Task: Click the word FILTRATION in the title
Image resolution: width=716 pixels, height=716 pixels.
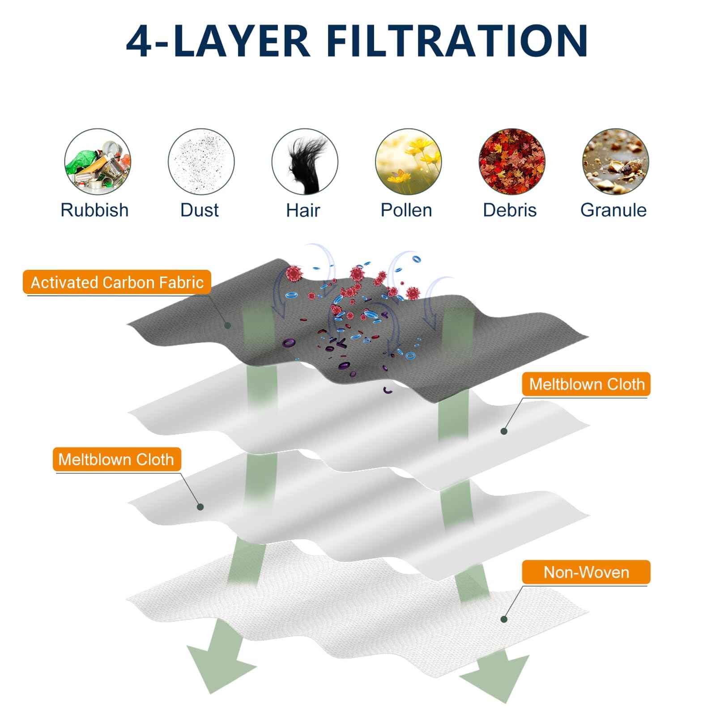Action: pos(456,41)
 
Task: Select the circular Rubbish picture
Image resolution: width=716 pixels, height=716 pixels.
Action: pos(98,162)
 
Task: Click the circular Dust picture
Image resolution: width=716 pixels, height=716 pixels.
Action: pos(201,162)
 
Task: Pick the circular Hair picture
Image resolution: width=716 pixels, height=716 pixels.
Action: pos(305,162)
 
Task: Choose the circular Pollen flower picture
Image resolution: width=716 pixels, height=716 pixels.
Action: pos(408,162)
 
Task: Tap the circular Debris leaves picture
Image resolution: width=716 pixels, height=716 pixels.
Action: pos(512,162)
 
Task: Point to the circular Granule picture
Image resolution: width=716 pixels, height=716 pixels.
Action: pos(615,162)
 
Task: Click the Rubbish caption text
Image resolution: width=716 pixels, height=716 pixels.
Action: pos(94,210)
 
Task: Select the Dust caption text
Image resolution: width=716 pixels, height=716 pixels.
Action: pos(200,210)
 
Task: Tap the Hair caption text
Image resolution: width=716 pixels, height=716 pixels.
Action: pos(303,210)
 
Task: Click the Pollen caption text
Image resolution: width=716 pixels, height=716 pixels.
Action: pos(406,210)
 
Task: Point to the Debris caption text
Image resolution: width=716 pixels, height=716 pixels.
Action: pos(510,210)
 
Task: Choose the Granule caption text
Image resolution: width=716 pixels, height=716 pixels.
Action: pos(614,210)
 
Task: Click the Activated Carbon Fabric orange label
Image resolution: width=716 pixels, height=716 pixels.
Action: pos(117,282)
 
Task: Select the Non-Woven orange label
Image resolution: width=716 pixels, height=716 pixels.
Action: pos(586,572)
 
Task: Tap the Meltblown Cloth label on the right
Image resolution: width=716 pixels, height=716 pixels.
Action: pos(586,384)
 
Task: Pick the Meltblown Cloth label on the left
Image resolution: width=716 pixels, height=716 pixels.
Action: pos(116,459)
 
